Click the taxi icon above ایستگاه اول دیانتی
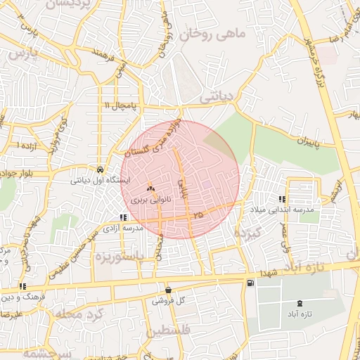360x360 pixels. tap(102, 170)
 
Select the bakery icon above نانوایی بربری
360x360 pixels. tap(150, 189)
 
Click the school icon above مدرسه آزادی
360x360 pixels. tap(124, 218)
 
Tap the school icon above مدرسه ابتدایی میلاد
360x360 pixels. tap(282, 200)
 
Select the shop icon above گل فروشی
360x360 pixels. tap(167, 290)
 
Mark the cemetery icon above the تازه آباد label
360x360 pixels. tap(301, 304)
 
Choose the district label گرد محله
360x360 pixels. tap(86, 314)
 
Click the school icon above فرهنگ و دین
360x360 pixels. tap(23, 287)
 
